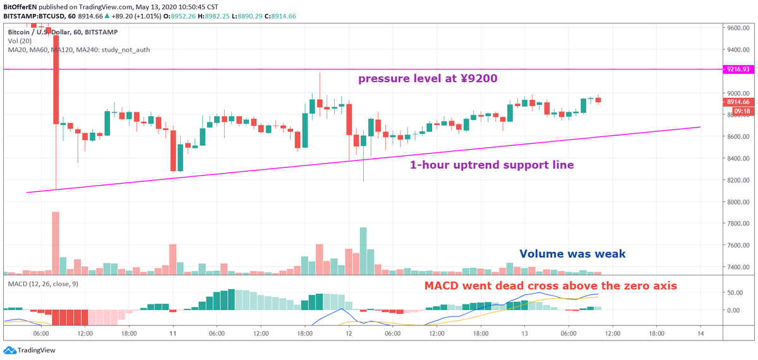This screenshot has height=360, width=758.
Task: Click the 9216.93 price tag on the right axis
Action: point(738,69)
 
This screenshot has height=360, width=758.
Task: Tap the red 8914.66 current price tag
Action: point(738,102)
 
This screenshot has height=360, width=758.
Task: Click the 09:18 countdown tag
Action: point(743,111)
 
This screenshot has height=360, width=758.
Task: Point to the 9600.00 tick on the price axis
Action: point(738,28)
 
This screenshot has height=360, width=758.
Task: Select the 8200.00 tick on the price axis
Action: point(738,180)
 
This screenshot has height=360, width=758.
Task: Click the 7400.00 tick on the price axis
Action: point(738,267)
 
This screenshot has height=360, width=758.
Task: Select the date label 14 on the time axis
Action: point(701,333)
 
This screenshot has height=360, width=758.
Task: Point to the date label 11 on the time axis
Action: point(173,333)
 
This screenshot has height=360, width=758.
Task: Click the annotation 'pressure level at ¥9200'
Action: point(428,78)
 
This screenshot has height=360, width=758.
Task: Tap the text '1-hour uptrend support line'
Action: point(491,165)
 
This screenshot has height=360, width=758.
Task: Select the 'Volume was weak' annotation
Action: point(572,254)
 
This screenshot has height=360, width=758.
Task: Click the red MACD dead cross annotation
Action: point(551,285)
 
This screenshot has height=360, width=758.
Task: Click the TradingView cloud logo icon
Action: point(10,350)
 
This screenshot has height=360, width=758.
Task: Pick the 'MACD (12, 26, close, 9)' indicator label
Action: point(43,284)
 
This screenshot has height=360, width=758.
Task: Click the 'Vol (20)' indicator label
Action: point(20,41)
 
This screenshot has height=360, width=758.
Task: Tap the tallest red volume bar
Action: point(56,243)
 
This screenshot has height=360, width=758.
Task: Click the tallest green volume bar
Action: point(363,251)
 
